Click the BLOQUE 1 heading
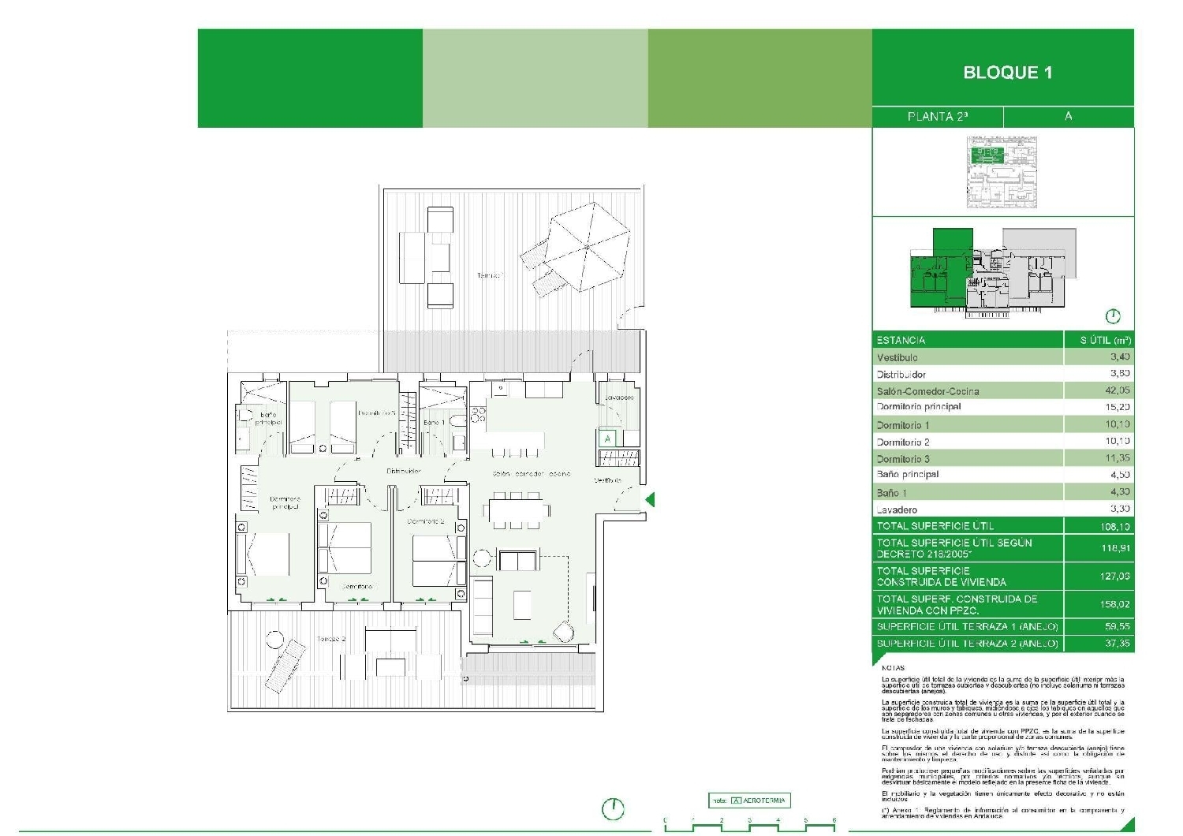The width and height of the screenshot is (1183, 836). [x=1007, y=73]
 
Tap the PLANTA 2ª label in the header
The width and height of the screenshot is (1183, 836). [x=938, y=117]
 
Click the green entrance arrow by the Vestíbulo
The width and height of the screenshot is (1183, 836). [x=650, y=499]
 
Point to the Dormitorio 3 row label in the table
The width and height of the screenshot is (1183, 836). [x=903, y=459]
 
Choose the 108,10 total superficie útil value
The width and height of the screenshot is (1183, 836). [x=1114, y=526]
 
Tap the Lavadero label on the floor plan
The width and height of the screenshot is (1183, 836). [x=619, y=397]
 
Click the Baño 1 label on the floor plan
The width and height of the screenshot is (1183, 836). [x=434, y=423]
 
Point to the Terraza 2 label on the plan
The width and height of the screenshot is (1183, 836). [x=331, y=639]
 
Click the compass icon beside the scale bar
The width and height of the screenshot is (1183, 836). [x=613, y=808]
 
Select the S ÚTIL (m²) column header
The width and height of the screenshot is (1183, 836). [x=1105, y=341]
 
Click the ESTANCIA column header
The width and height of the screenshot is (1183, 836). [x=901, y=341]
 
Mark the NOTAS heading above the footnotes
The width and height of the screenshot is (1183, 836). [x=893, y=668]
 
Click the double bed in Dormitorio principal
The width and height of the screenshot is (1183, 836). [x=267, y=555]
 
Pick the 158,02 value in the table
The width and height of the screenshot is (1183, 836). [x=1114, y=604]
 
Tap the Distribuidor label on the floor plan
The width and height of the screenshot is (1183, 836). [x=403, y=471]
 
